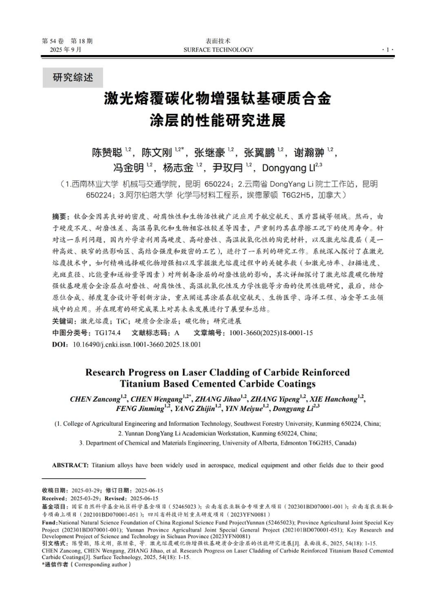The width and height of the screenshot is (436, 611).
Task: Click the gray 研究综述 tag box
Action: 73,78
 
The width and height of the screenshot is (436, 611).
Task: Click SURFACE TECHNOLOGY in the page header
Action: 217,50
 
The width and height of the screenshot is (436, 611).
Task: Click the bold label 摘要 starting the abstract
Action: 60,217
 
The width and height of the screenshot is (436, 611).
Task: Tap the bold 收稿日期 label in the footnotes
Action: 54,491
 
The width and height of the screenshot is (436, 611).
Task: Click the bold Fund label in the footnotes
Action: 50,523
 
